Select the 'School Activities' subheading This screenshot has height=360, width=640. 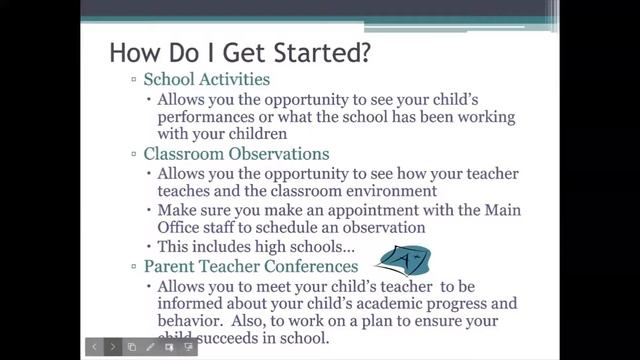coord(206,79)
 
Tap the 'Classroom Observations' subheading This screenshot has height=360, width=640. coord(236,154)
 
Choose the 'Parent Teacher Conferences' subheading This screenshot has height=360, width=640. coord(250,267)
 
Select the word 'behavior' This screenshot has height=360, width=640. coord(192,322)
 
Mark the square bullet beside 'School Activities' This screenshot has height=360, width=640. coord(134,80)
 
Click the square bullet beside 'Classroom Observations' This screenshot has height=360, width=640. coord(134,155)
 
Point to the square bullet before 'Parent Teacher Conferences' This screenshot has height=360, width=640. coord(134,268)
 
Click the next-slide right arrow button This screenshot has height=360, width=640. coord(112,347)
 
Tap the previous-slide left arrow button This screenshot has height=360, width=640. coord(93,347)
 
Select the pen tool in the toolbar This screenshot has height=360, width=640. coord(150,347)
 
